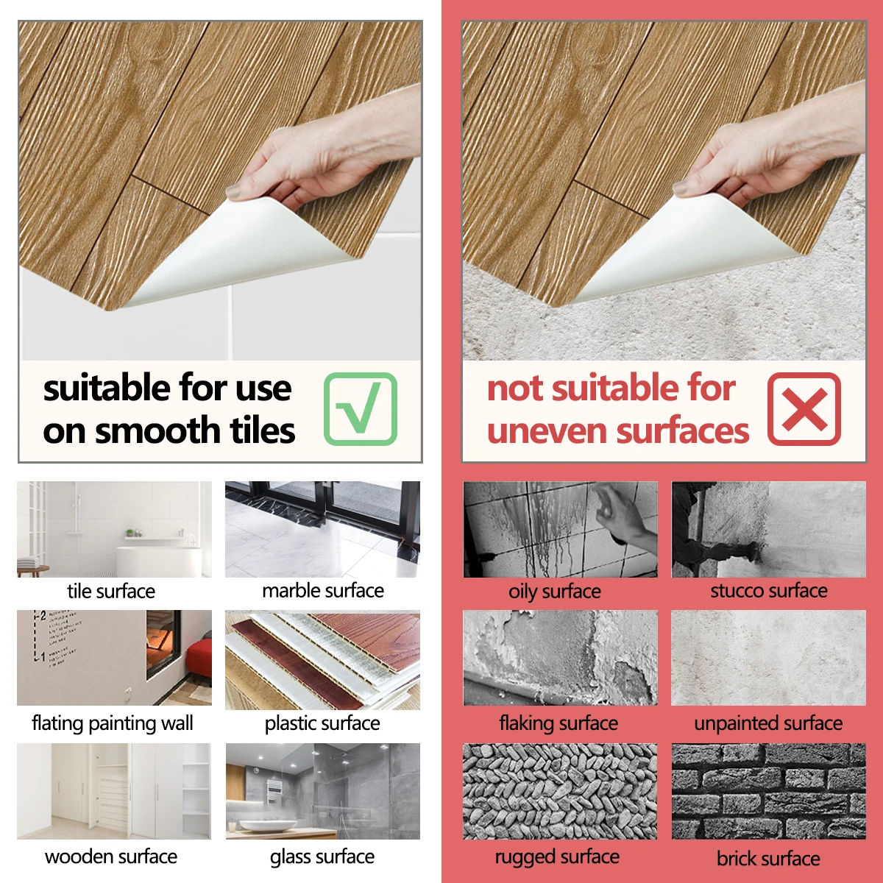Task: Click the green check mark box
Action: tap(361, 408)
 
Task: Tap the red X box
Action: tap(804, 408)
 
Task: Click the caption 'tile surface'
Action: tap(111, 592)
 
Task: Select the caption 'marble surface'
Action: tap(323, 591)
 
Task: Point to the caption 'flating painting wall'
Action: tap(113, 723)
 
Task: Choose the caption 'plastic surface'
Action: tap(322, 723)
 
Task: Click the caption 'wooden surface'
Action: tap(111, 857)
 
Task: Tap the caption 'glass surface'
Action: tap(322, 857)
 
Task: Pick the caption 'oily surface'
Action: tap(555, 592)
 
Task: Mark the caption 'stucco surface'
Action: tap(769, 591)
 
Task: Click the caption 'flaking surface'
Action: tap(558, 723)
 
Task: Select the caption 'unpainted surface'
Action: tap(768, 723)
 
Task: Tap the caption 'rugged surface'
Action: tap(557, 857)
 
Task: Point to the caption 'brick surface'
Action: tap(768, 858)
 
